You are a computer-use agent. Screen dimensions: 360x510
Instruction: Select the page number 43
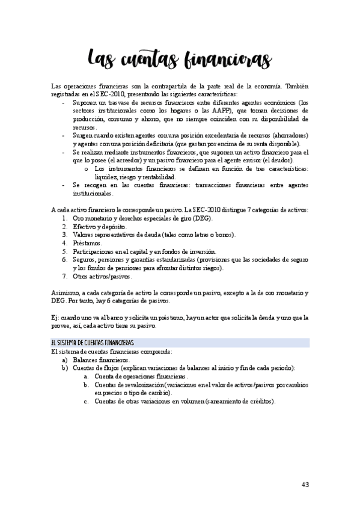305,485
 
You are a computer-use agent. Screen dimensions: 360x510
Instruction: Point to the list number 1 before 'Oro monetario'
65,217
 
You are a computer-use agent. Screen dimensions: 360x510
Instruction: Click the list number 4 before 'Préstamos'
65,242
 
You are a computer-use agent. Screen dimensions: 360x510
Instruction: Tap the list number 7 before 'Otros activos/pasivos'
65,277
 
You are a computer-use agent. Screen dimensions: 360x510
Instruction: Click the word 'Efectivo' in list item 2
86,226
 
